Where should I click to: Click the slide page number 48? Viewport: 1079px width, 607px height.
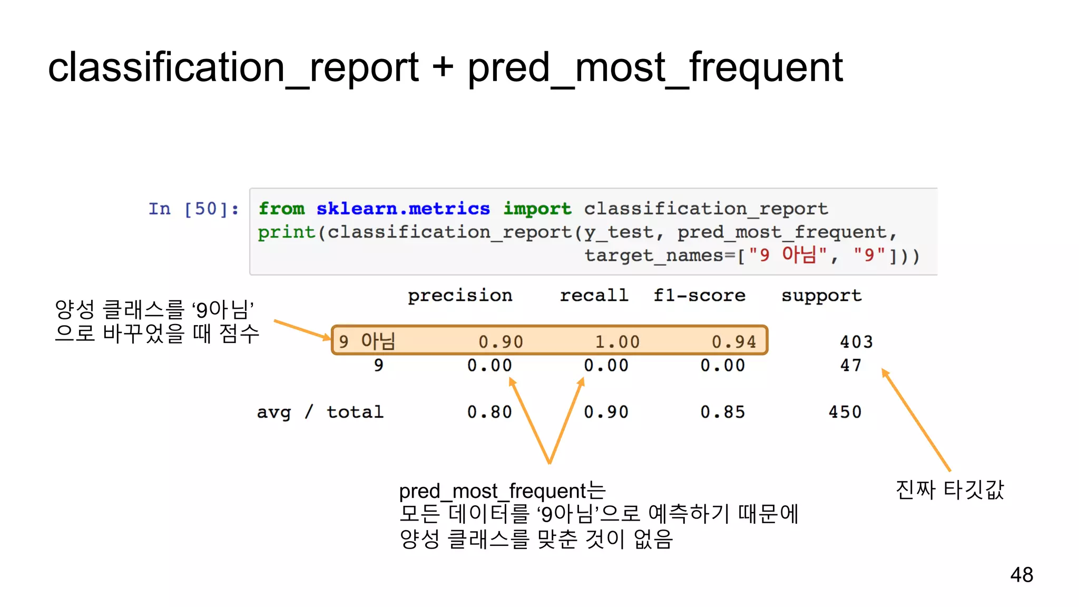tap(1022, 574)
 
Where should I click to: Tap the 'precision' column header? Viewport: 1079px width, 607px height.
tap(460, 296)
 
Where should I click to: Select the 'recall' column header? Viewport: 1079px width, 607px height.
tap(594, 296)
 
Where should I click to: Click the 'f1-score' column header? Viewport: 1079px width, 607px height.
tap(699, 296)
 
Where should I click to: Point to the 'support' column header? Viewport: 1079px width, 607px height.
tap(821, 296)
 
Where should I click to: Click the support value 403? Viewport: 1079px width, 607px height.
tap(856, 342)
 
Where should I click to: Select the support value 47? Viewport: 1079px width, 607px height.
tap(851, 365)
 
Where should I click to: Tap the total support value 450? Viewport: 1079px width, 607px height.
tap(845, 412)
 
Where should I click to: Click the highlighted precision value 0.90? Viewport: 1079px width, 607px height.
tap(501, 342)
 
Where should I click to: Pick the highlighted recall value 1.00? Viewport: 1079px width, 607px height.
tap(617, 342)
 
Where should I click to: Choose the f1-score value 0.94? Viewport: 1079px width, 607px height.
tap(734, 342)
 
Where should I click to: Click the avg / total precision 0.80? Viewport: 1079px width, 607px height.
tap(489, 412)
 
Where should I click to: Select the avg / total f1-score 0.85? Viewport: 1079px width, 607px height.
tap(722, 412)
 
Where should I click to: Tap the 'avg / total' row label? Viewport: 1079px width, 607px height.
tap(320, 412)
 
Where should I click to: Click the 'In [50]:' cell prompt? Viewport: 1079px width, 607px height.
tap(193, 209)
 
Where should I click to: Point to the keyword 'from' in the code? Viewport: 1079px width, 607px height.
tap(281, 209)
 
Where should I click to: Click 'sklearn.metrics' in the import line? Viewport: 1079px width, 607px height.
tap(403, 209)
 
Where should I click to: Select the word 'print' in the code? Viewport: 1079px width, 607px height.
tap(286, 232)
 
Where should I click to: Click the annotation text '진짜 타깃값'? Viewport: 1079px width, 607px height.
tap(949, 489)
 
